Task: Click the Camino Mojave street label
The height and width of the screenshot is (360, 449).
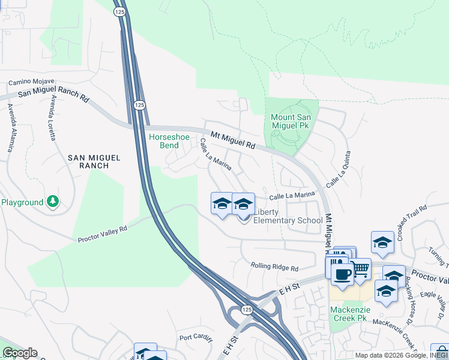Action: [x=31, y=81]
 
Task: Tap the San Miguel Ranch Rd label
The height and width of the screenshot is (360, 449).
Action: [x=53, y=94]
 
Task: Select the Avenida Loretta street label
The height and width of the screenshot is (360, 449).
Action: [x=53, y=118]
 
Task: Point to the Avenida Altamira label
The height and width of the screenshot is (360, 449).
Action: [x=11, y=128]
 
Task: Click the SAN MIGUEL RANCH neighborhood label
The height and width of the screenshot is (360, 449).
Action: [x=94, y=161]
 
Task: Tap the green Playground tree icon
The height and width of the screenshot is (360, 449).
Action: [x=53, y=201]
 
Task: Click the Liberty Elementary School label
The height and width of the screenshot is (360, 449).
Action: [x=288, y=216]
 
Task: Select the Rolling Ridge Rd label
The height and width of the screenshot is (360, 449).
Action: [x=274, y=266]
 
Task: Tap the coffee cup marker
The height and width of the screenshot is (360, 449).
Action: [x=342, y=274]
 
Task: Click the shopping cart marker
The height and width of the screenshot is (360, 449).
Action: [x=360, y=268]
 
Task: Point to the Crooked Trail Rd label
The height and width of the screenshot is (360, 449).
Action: [x=406, y=217]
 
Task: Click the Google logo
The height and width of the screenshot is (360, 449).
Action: [x=19, y=353]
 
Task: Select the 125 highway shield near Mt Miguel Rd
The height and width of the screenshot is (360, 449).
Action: [x=139, y=105]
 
